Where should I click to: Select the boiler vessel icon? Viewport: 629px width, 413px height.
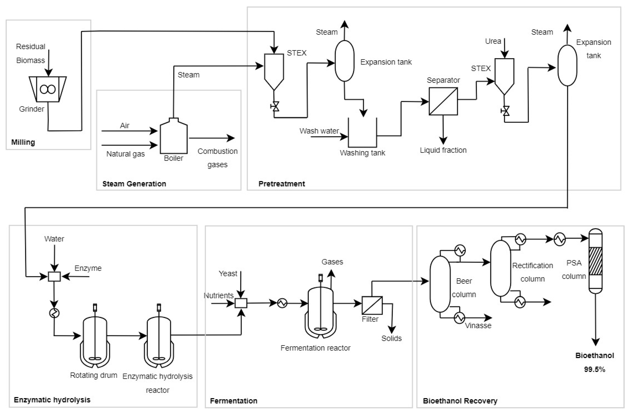tap(174, 137)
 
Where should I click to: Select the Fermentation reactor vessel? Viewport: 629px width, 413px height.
tap(321, 312)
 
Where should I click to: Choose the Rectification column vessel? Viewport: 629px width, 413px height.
tap(500, 268)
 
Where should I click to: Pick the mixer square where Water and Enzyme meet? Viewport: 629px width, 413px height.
tap(54, 277)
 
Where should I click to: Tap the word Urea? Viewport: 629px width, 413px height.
tap(493, 41)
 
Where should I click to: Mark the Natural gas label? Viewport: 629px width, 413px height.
tap(126, 154)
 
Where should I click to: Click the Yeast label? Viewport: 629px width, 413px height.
tap(228, 273)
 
